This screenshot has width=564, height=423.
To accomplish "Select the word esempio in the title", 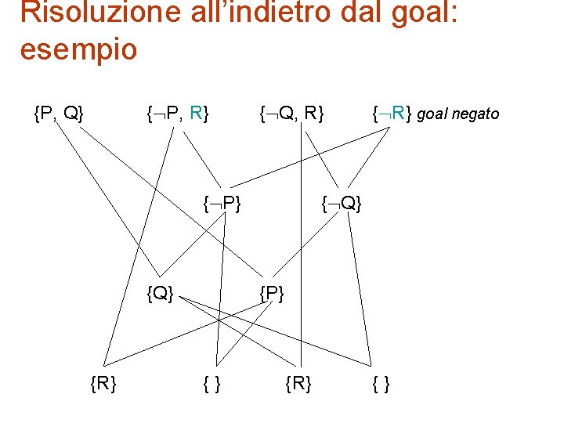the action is point(78,50).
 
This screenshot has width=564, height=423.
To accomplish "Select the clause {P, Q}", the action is point(59,114).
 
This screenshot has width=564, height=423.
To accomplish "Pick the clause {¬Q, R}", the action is point(293,114).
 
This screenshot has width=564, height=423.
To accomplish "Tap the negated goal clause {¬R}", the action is point(392,114).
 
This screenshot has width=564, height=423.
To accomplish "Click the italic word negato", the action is point(473,114).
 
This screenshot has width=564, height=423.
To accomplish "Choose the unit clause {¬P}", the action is point(221,205).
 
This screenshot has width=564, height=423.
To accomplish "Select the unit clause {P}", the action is point(272,295).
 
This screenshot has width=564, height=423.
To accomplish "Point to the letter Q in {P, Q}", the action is point(70,114).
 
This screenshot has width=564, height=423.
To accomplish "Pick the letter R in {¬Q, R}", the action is point(311,114).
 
